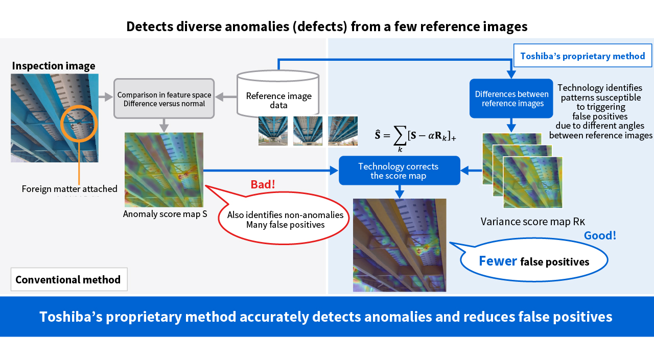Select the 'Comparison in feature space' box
[163, 99]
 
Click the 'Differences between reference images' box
[511, 99]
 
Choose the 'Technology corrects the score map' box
[399, 171]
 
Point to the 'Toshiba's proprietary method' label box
[582, 56]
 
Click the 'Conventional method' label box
[68, 280]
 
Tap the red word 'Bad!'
[263, 184]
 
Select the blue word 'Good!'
[600, 235]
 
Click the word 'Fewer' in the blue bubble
[498, 261]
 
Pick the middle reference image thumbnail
[308, 131]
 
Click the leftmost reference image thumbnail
[273, 131]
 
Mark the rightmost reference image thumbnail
[342, 131]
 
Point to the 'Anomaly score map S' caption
[165, 214]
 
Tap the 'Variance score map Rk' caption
[532, 222]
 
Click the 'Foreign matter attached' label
[69, 189]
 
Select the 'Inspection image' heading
[54, 66]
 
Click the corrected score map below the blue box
[400, 245]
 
